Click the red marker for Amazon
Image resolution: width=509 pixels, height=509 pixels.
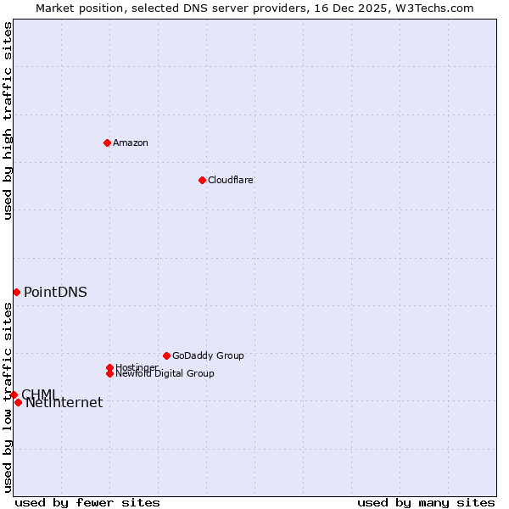click(x=107, y=143)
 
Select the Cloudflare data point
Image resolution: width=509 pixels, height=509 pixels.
click(x=202, y=180)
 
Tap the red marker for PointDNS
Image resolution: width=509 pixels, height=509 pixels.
click(x=16, y=292)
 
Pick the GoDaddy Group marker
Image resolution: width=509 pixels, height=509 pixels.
click(x=166, y=355)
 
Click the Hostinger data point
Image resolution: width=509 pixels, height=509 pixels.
click(x=109, y=367)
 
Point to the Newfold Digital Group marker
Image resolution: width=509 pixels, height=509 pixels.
click(x=109, y=373)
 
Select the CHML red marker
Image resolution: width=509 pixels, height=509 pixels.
click(x=14, y=394)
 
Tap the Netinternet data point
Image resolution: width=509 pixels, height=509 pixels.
click(x=18, y=402)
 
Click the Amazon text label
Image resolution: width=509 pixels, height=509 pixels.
click(x=131, y=143)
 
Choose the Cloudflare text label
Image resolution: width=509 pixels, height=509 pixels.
click(x=231, y=180)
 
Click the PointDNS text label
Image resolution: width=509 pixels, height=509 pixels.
click(x=55, y=292)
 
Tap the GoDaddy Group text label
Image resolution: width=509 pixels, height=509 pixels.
click(x=208, y=355)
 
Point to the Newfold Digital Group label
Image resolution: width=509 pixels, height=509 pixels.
click(x=165, y=373)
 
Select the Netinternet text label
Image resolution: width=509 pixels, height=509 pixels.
click(x=64, y=403)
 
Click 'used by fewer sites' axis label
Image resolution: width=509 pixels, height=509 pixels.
click(x=87, y=502)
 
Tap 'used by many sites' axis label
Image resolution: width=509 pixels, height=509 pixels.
click(x=426, y=502)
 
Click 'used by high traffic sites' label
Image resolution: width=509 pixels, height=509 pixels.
click(x=8, y=120)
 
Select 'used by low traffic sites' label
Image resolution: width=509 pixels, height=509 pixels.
click(x=8, y=397)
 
